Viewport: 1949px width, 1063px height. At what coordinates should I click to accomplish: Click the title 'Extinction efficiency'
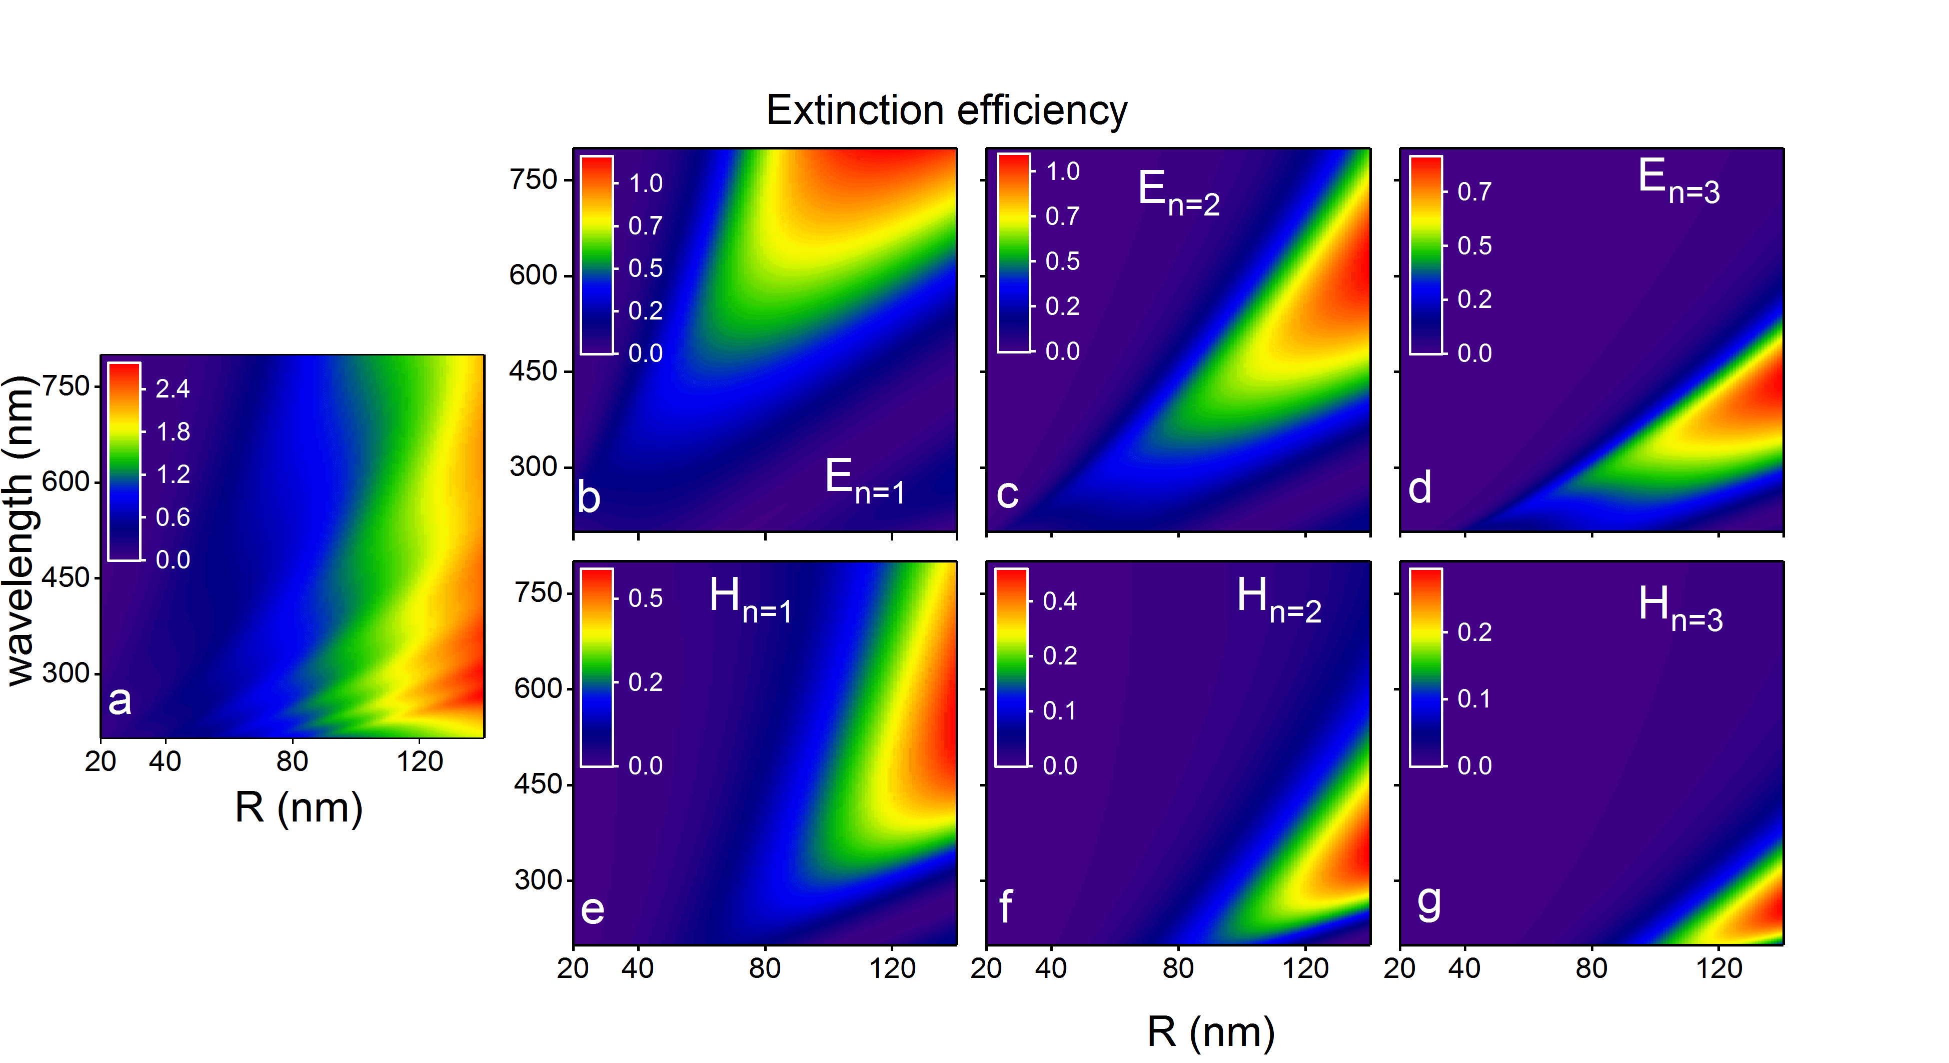click(x=947, y=110)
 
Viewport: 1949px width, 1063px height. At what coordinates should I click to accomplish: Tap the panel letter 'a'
click(x=120, y=700)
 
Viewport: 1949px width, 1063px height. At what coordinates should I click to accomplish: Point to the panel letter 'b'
click(x=589, y=497)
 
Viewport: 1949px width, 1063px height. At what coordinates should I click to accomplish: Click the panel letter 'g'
click(x=1428, y=902)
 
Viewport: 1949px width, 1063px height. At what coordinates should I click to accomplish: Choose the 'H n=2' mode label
click(x=1279, y=600)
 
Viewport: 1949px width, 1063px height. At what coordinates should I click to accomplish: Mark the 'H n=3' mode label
click(x=1680, y=608)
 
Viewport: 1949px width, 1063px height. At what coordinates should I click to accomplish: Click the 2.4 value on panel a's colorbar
click(x=173, y=389)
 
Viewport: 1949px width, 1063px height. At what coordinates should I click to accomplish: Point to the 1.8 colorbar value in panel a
click(x=173, y=432)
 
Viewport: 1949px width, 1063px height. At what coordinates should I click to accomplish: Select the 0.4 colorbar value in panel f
click(x=1060, y=601)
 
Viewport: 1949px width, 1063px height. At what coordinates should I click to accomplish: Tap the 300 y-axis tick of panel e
click(x=538, y=880)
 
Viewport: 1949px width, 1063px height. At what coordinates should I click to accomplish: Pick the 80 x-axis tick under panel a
click(x=292, y=761)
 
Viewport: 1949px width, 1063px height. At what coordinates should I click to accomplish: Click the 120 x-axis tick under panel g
click(x=1719, y=968)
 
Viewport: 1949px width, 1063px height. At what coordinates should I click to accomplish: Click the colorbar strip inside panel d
click(x=1426, y=255)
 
